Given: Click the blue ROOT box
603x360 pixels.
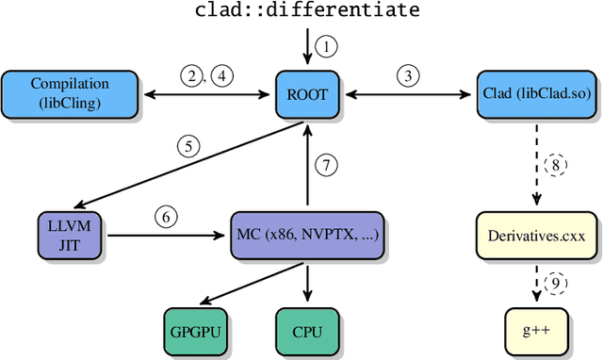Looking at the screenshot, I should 307,94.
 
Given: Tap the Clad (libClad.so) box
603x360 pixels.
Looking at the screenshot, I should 535,94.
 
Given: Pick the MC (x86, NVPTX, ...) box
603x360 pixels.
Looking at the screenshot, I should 306,229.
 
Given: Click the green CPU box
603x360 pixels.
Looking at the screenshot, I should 306,332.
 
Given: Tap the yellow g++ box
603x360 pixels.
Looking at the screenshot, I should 535,332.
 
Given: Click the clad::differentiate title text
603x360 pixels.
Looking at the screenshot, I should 306,11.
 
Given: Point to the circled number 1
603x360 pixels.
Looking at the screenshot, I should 326,45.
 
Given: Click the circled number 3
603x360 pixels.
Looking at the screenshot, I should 407,75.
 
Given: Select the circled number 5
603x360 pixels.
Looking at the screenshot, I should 189,146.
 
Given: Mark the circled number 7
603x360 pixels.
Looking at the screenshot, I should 326,165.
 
